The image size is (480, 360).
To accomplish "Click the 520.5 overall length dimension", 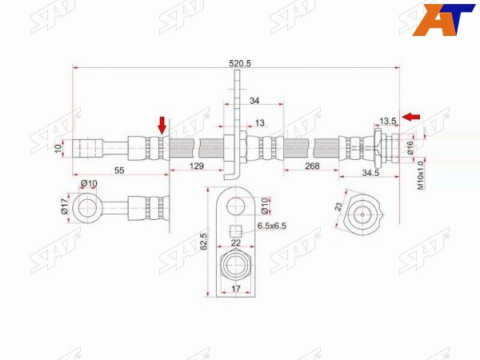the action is click(x=240, y=64).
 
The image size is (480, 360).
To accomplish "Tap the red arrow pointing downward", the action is click(x=162, y=126).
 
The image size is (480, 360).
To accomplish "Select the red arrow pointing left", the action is click(x=411, y=117).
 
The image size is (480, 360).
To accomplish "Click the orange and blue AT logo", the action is click(x=443, y=19).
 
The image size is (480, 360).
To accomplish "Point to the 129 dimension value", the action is click(x=197, y=166).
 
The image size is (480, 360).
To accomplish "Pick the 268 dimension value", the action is click(x=312, y=166).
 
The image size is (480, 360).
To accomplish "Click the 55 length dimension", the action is click(x=119, y=170).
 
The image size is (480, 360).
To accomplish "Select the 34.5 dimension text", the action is click(x=370, y=173).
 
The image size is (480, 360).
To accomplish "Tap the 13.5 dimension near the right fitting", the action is click(x=388, y=122).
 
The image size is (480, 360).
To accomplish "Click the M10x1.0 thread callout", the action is click(x=421, y=175).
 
